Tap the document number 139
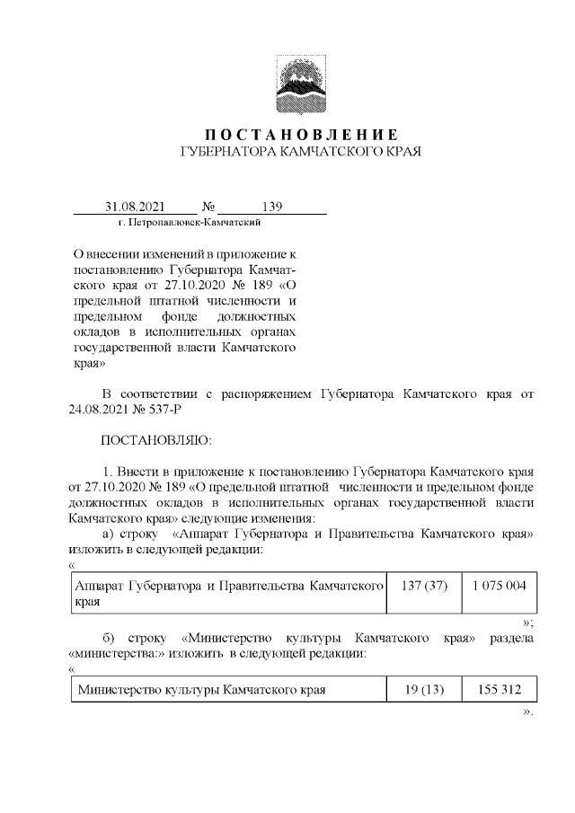pyautogui.click(x=272, y=207)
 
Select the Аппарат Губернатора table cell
pyautogui.click(x=228, y=593)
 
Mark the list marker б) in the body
pyautogui.click(x=111, y=638)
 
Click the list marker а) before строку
pyautogui.click(x=111, y=534)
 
